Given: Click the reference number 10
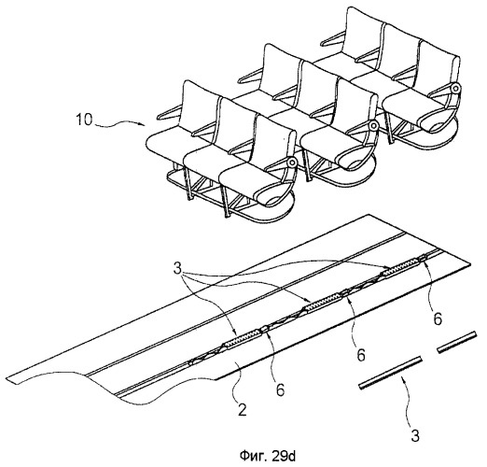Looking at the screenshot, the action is coord(84,120).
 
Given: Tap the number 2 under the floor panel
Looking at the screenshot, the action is coord(243,409).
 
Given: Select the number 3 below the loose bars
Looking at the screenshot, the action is coord(415,435).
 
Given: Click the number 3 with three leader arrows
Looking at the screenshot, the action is coord(177,269).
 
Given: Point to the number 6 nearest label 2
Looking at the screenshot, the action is coord(281,389).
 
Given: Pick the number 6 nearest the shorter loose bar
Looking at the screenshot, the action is coord(438,318).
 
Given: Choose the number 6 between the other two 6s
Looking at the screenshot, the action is coord(361,355).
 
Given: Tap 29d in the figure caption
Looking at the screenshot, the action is coord(284,456).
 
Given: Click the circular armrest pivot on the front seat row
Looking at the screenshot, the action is coord(292,163).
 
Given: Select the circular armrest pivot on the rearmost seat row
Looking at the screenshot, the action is coord(454,89).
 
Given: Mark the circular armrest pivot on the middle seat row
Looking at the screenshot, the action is coord(373,126).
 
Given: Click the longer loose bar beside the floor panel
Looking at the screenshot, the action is coord(391,373).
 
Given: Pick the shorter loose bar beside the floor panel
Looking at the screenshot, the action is coord(457,342).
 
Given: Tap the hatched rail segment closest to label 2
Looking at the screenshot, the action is coord(243,338).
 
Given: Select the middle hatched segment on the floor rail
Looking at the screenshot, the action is coord(324,302).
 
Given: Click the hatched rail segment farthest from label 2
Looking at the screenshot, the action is coord(402,265).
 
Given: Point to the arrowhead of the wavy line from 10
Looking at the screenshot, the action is coord(145,125).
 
